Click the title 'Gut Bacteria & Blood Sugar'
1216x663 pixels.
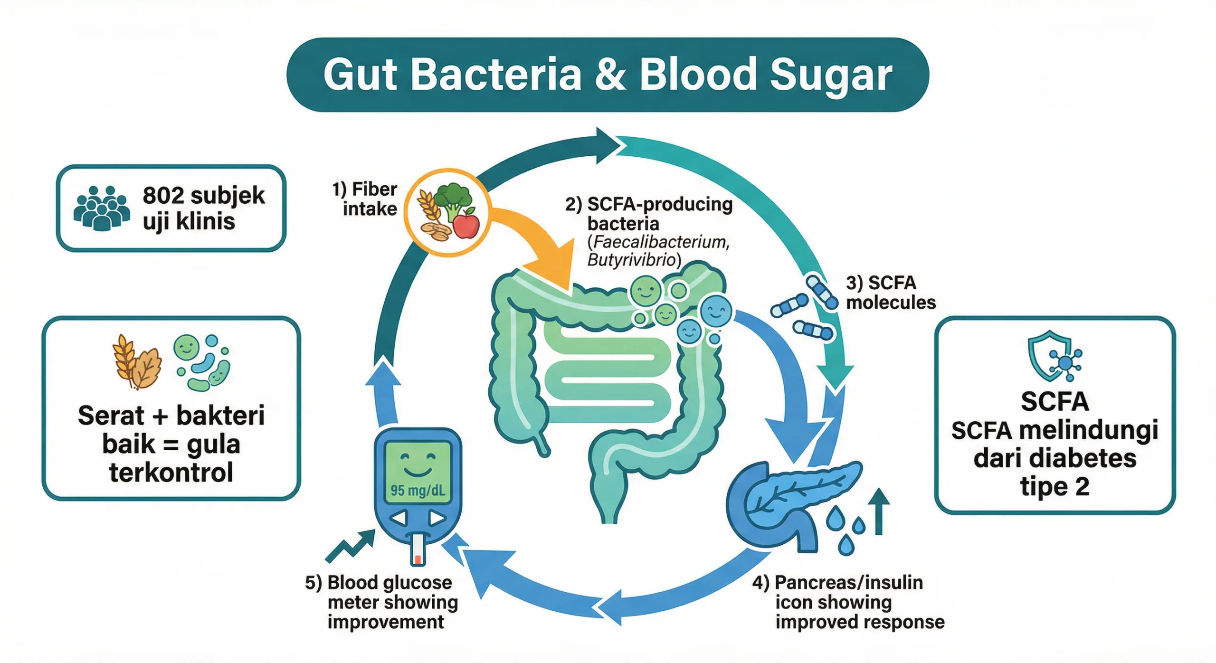click(x=608, y=75)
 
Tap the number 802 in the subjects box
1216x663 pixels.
click(x=163, y=195)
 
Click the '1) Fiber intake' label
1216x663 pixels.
click(x=365, y=199)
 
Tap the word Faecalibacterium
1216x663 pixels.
click(x=661, y=242)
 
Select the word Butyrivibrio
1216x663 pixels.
click(x=632, y=260)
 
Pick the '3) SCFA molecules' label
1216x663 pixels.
click(x=890, y=293)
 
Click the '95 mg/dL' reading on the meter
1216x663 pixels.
click(x=418, y=490)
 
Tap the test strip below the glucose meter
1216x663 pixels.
click(x=418, y=550)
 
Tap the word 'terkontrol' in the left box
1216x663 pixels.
click(x=171, y=473)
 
